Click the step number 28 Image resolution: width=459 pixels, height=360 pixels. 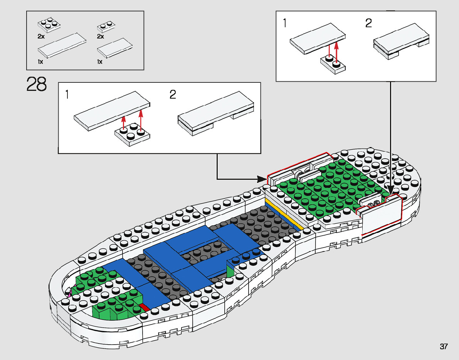37,84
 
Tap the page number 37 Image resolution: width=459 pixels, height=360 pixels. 444,347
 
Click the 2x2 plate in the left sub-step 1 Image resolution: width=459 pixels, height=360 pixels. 133,134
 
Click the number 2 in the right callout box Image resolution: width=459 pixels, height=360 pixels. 368,24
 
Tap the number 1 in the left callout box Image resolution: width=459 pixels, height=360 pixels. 67,94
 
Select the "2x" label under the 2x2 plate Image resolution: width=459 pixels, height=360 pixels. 41,36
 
